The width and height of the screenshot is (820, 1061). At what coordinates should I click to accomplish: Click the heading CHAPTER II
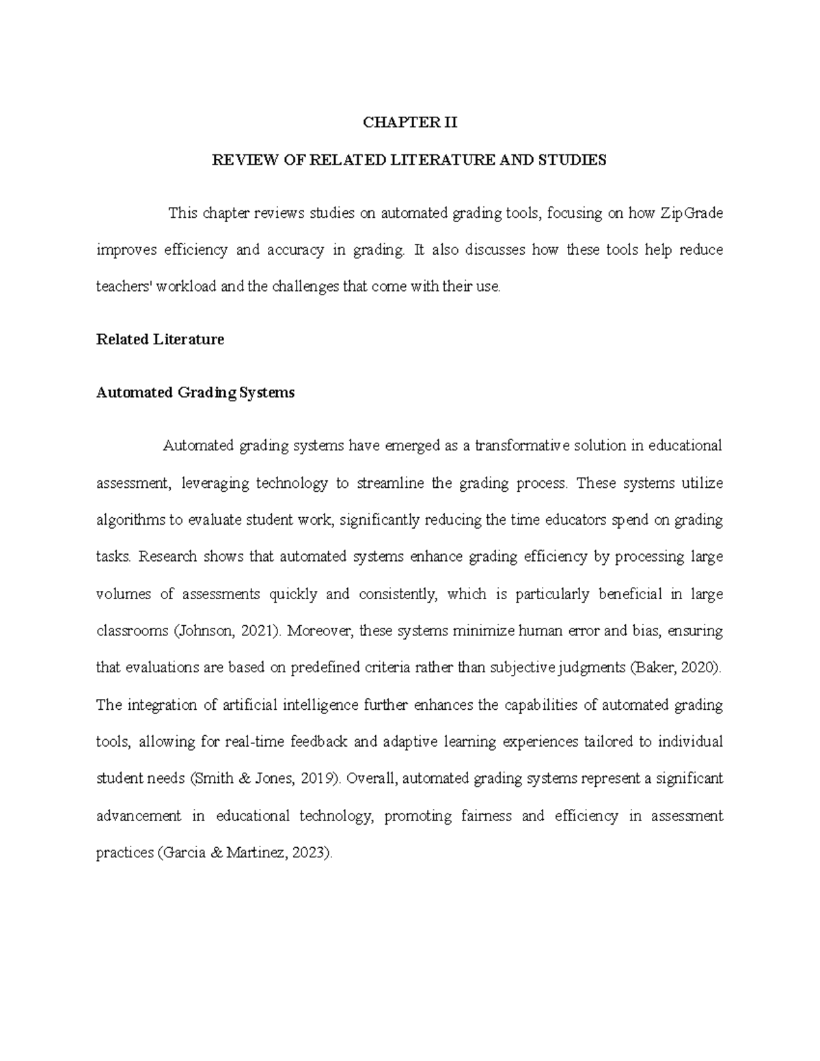point(409,123)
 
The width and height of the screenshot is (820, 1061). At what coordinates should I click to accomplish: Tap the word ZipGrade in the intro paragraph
point(691,213)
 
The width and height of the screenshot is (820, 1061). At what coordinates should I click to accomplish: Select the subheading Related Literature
point(160,340)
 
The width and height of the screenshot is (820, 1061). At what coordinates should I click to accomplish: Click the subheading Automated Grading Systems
point(195,393)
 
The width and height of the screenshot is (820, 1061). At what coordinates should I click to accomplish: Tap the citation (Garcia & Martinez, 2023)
point(245,853)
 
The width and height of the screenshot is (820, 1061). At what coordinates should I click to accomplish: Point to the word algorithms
point(131,520)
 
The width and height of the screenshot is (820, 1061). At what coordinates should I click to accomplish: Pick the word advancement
point(139,816)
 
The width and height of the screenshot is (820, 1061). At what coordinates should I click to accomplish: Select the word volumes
point(124,594)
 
